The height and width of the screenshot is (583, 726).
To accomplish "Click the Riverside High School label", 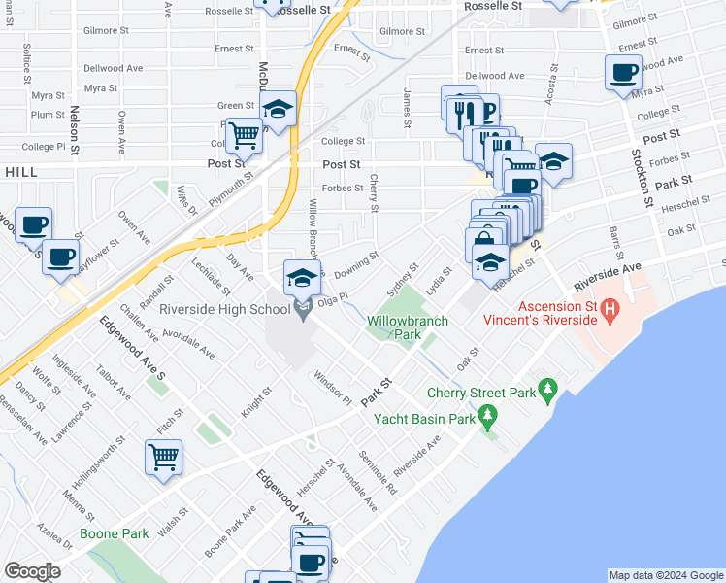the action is (x=227, y=311).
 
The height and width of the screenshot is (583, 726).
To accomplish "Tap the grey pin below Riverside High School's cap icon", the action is (x=302, y=310).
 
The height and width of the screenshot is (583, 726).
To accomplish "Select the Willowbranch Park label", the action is (x=399, y=326).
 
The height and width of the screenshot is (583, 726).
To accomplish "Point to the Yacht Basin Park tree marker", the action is (x=489, y=419).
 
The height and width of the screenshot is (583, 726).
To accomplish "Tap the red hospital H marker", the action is (x=610, y=312).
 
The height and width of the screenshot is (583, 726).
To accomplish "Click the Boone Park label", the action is (x=115, y=533).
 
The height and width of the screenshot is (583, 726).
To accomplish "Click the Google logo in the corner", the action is (x=33, y=571).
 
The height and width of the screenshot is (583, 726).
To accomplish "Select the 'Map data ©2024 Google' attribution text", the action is (x=666, y=576).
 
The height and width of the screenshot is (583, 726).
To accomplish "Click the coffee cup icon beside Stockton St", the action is (x=623, y=72).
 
